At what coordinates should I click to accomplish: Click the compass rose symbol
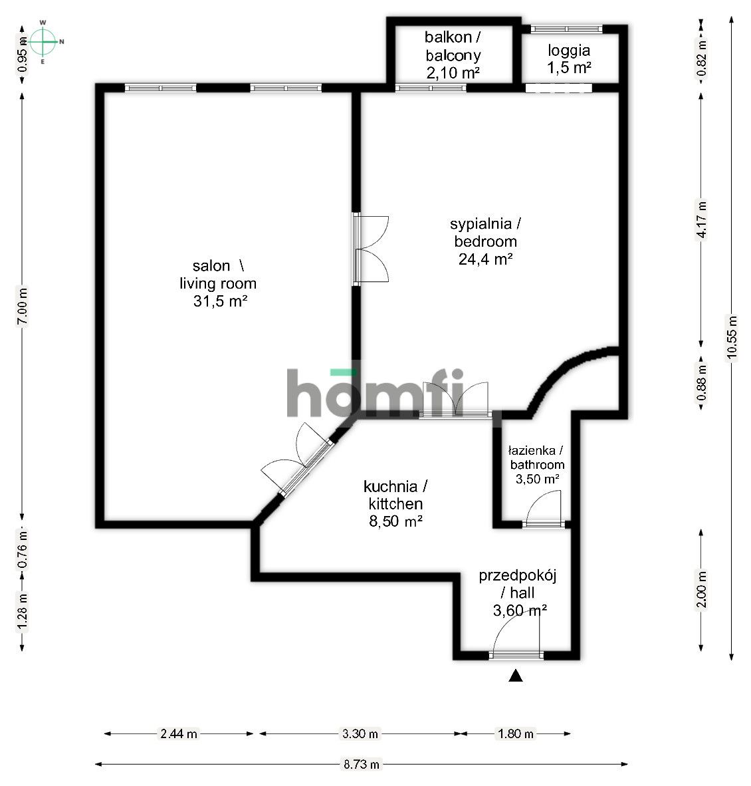pos(43,41)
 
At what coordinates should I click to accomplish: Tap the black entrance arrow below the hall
pos(515,676)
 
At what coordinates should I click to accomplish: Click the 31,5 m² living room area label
pos(218,301)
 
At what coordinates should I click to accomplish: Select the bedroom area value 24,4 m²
pos(485,259)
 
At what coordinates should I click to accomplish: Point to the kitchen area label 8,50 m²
pos(396,521)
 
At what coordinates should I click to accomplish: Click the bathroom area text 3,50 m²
pos(537,478)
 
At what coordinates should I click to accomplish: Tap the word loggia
pos(569,50)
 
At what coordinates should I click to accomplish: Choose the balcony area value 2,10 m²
pos(453,73)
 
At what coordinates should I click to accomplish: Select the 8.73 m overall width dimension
pos(362,764)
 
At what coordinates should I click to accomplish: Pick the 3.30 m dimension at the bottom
pos(360,734)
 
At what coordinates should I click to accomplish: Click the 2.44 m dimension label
pos(178,734)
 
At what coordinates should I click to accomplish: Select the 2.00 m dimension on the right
pos(701,589)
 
